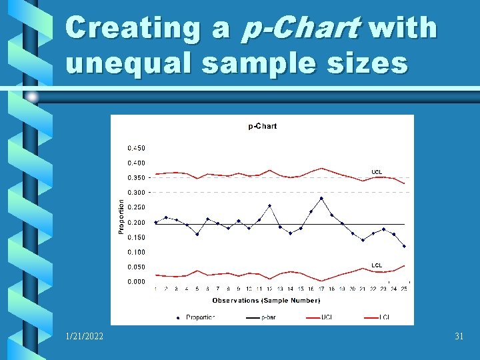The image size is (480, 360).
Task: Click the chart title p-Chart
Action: coord(262,126)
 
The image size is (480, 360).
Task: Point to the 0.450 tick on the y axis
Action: coord(136,148)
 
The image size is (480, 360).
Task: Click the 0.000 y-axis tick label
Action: coord(136,282)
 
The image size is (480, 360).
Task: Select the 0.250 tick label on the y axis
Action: coord(136,207)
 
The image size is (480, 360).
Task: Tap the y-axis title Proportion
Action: coord(121,215)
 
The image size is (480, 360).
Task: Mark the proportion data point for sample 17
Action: coord(321,198)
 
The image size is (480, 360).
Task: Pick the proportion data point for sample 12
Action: coord(269,206)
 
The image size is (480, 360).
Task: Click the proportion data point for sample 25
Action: coord(404,246)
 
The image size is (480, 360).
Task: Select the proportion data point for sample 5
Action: coord(197,234)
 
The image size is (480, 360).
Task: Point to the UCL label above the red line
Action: coord(377,172)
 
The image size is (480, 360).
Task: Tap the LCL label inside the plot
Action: coord(377,265)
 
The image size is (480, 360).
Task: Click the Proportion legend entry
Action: coord(200,317)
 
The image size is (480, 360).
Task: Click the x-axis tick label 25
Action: coord(404,289)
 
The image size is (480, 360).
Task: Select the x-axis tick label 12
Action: coord(269,289)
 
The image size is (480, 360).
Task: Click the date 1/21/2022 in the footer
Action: coord(85,337)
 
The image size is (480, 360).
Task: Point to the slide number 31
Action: coord(459,337)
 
